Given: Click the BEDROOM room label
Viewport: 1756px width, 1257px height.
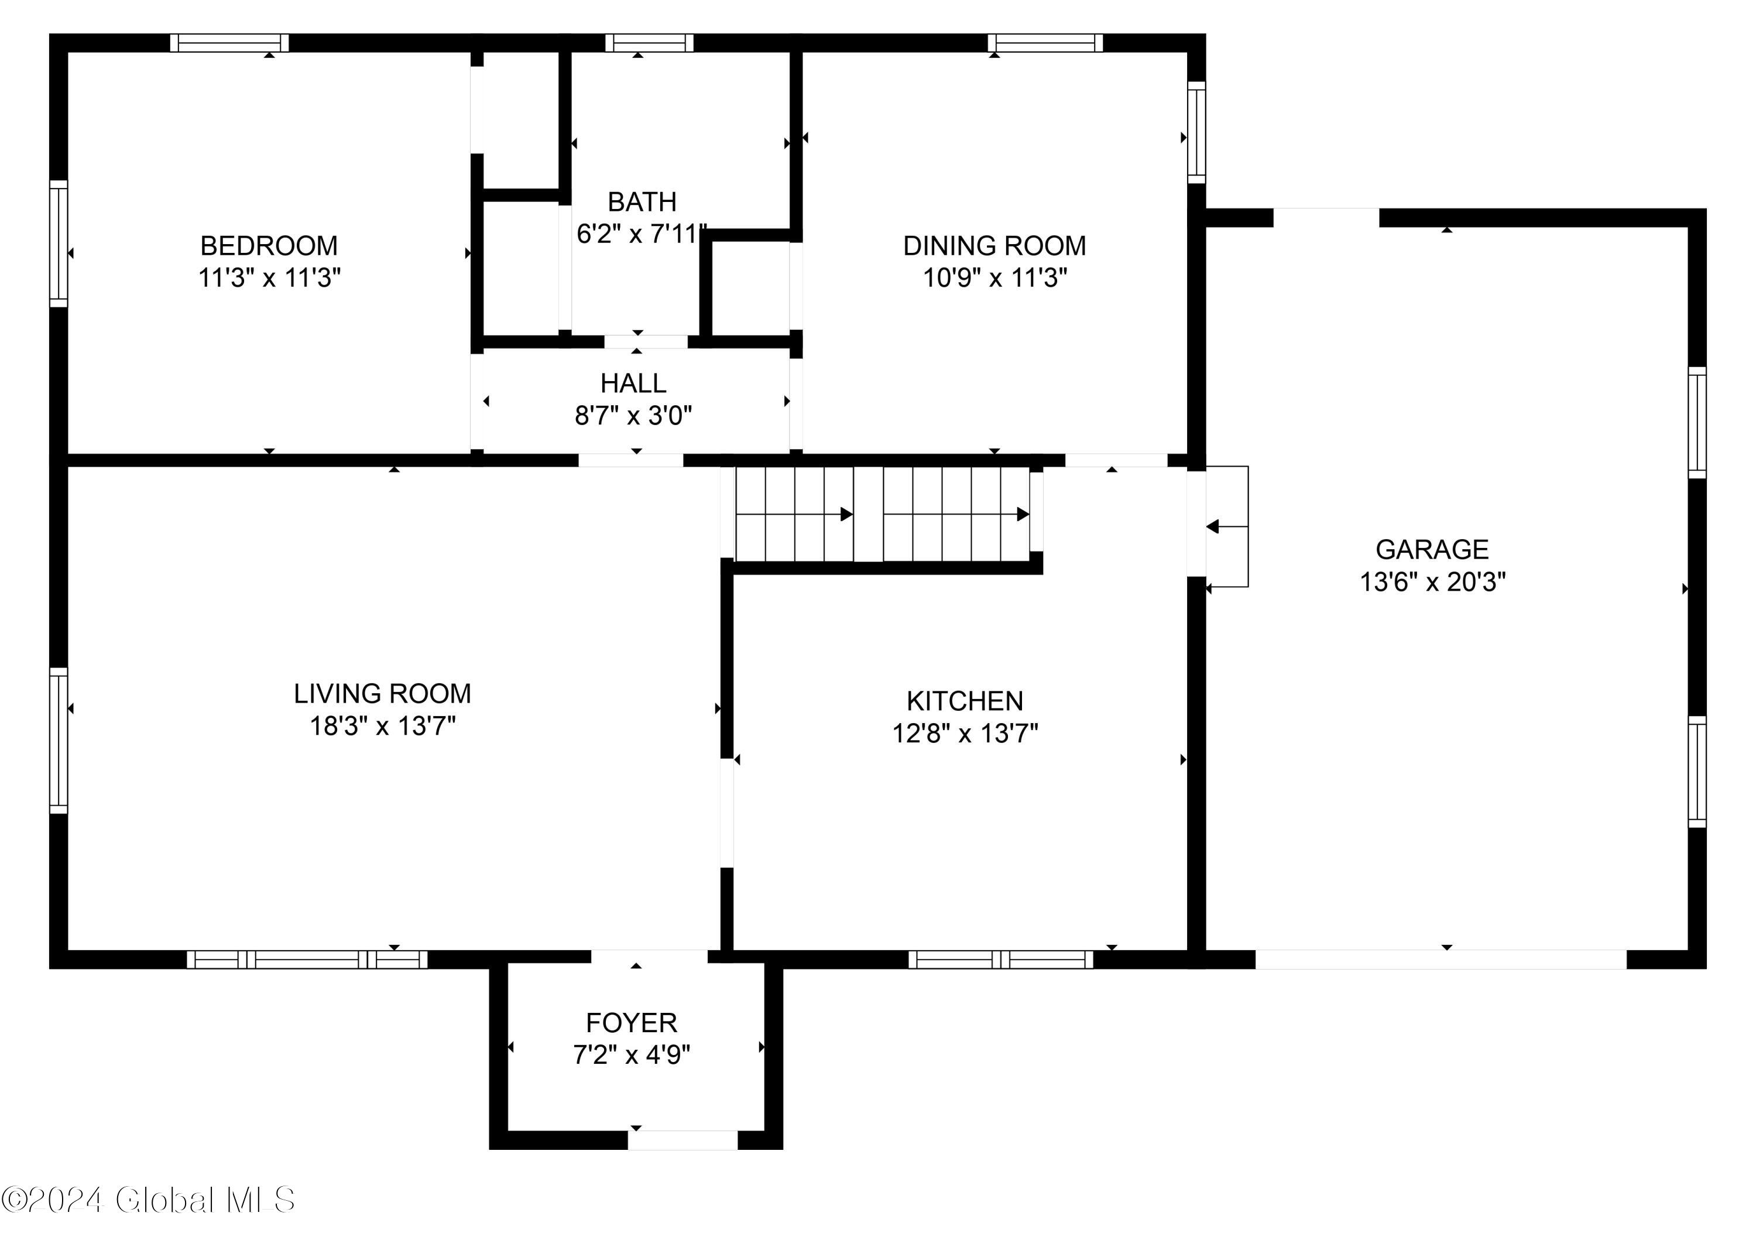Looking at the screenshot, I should (269, 245).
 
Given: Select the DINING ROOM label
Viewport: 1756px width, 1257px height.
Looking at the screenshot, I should (994, 245).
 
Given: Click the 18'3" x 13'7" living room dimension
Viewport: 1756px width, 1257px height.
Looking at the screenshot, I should (382, 726).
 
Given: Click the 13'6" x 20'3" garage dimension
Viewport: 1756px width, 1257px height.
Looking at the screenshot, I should (1432, 581).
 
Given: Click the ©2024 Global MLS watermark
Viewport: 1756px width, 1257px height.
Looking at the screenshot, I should (148, 1200).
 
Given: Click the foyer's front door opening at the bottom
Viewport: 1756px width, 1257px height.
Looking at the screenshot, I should (682, 1140).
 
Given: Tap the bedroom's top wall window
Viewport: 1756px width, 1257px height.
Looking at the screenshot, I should (229, 43).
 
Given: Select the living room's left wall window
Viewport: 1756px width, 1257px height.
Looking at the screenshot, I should (58, 740).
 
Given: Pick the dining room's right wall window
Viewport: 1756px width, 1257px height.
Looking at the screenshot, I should (1196, 132).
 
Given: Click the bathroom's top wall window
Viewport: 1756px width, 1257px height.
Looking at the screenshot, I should (649, 43).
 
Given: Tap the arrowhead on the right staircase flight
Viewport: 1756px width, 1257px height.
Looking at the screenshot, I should (1023, 514).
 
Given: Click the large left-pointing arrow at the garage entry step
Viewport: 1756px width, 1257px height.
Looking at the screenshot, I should (1213, 526).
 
